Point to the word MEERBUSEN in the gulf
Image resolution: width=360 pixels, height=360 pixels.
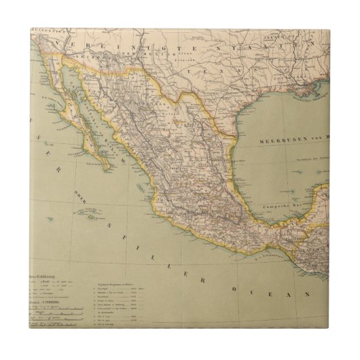click(278, 140)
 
